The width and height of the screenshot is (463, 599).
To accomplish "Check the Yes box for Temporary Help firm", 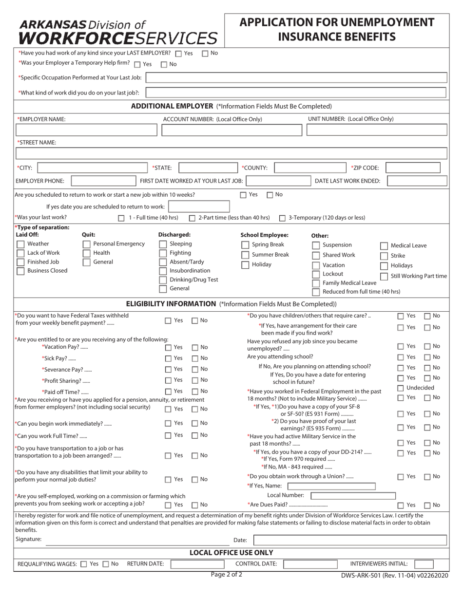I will pos(137,64).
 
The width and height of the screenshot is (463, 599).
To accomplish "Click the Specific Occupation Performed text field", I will pos(296,77).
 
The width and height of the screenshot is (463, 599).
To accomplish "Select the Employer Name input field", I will pos(87,130).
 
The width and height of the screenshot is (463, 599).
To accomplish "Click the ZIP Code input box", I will pos(413,168).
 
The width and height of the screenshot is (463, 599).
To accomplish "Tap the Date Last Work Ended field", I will pos(417,181).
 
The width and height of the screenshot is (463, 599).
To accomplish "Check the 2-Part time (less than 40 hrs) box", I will pos(192,218).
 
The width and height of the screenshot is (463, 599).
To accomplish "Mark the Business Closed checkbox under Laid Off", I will pos(20,271).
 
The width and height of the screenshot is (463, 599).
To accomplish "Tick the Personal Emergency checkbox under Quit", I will pos(86,244).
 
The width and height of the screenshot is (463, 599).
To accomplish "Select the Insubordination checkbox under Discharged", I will pos(163,271).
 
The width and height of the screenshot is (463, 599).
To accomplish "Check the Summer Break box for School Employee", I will pos(245,255).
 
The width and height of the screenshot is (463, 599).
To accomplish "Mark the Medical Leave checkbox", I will pos(384,246).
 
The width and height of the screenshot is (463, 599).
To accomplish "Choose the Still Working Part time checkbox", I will pos(384,277).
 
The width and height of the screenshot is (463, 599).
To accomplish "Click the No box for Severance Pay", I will pos(194,370).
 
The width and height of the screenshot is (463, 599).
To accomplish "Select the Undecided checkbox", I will pos(400,388).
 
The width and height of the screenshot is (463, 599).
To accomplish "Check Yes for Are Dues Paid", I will pos(400,505).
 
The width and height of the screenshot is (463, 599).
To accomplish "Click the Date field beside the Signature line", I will pos(349,540).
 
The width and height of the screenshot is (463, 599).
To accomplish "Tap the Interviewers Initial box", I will pos(424,564).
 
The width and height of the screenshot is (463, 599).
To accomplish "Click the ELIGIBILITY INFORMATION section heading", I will pos(171,304).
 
